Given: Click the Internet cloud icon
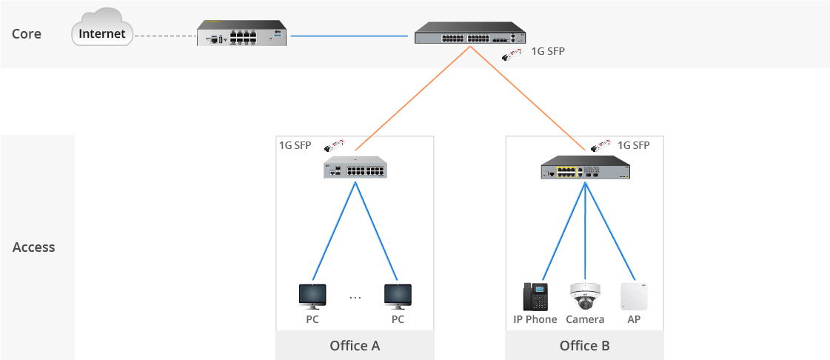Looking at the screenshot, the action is pos(101,27).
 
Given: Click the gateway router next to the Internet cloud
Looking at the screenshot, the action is pos(242,33).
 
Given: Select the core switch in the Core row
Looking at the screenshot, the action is pos(469,33).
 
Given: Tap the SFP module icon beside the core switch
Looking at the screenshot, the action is pos(512,53).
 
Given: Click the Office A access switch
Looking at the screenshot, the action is pos(355,167).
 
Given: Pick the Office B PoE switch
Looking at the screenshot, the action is pos(586,168).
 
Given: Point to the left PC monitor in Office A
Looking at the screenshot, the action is pos(312,296).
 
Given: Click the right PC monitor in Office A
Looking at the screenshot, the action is pos(398,296).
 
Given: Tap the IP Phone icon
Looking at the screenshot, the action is pos(535,296).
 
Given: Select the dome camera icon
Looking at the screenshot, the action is pos(585,296).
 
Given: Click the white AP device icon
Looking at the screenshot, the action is pos(634,296).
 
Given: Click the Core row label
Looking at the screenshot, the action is pos(27,34).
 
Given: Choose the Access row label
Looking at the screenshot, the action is pos(34,247).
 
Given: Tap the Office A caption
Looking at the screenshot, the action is pos(355,346).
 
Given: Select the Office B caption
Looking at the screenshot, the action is pos(584,346).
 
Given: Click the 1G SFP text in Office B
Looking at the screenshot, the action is pos(634,145).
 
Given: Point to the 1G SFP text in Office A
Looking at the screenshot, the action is pos(295,145).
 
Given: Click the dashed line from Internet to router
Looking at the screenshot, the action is pos(165,36).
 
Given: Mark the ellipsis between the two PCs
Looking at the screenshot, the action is pos(355,298).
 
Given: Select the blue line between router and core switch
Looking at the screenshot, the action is pos(349,36).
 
